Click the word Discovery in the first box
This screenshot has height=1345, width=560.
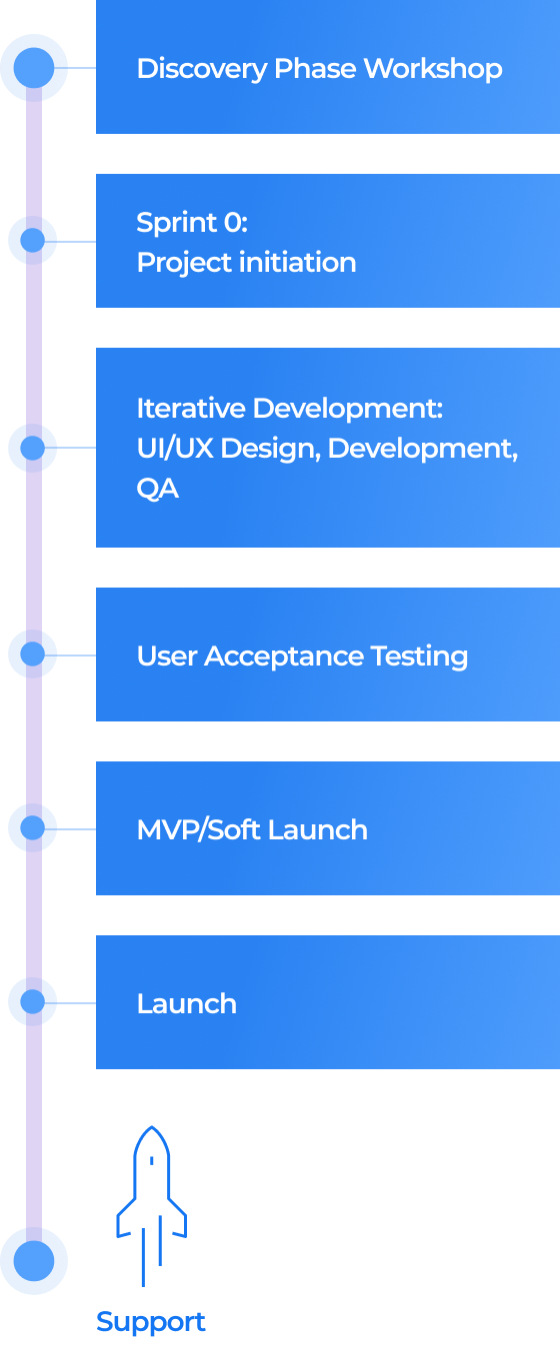tap(202, 69)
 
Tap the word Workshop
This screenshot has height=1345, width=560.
tap(433, 68)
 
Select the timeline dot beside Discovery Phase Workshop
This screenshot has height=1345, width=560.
tap(34, 68)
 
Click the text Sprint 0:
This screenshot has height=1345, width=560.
tap(192, 222)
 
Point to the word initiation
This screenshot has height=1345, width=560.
tap(297, 262)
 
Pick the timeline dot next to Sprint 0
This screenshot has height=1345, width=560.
tap(32, 240)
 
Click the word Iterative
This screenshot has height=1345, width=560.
tap(191, 409)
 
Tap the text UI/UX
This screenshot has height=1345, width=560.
tap(175, 448)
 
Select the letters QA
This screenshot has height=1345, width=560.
tap(157, 489)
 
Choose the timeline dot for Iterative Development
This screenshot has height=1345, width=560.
tap(32, 448)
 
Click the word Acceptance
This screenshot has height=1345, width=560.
tap(284, 656)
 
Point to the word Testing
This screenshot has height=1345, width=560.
tap(419, 657)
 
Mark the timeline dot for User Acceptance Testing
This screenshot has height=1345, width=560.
tap(32, 654)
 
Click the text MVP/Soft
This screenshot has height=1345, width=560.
tap(199, 829)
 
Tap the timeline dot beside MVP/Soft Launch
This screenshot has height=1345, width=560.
tap(32, 828)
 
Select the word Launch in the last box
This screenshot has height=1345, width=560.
tap(187, 1003)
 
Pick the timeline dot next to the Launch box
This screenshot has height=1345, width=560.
tap(32, 1001)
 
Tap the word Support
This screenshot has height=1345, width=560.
tap(151, 1323)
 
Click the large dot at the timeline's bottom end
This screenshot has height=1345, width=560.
tap(34, 1261)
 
